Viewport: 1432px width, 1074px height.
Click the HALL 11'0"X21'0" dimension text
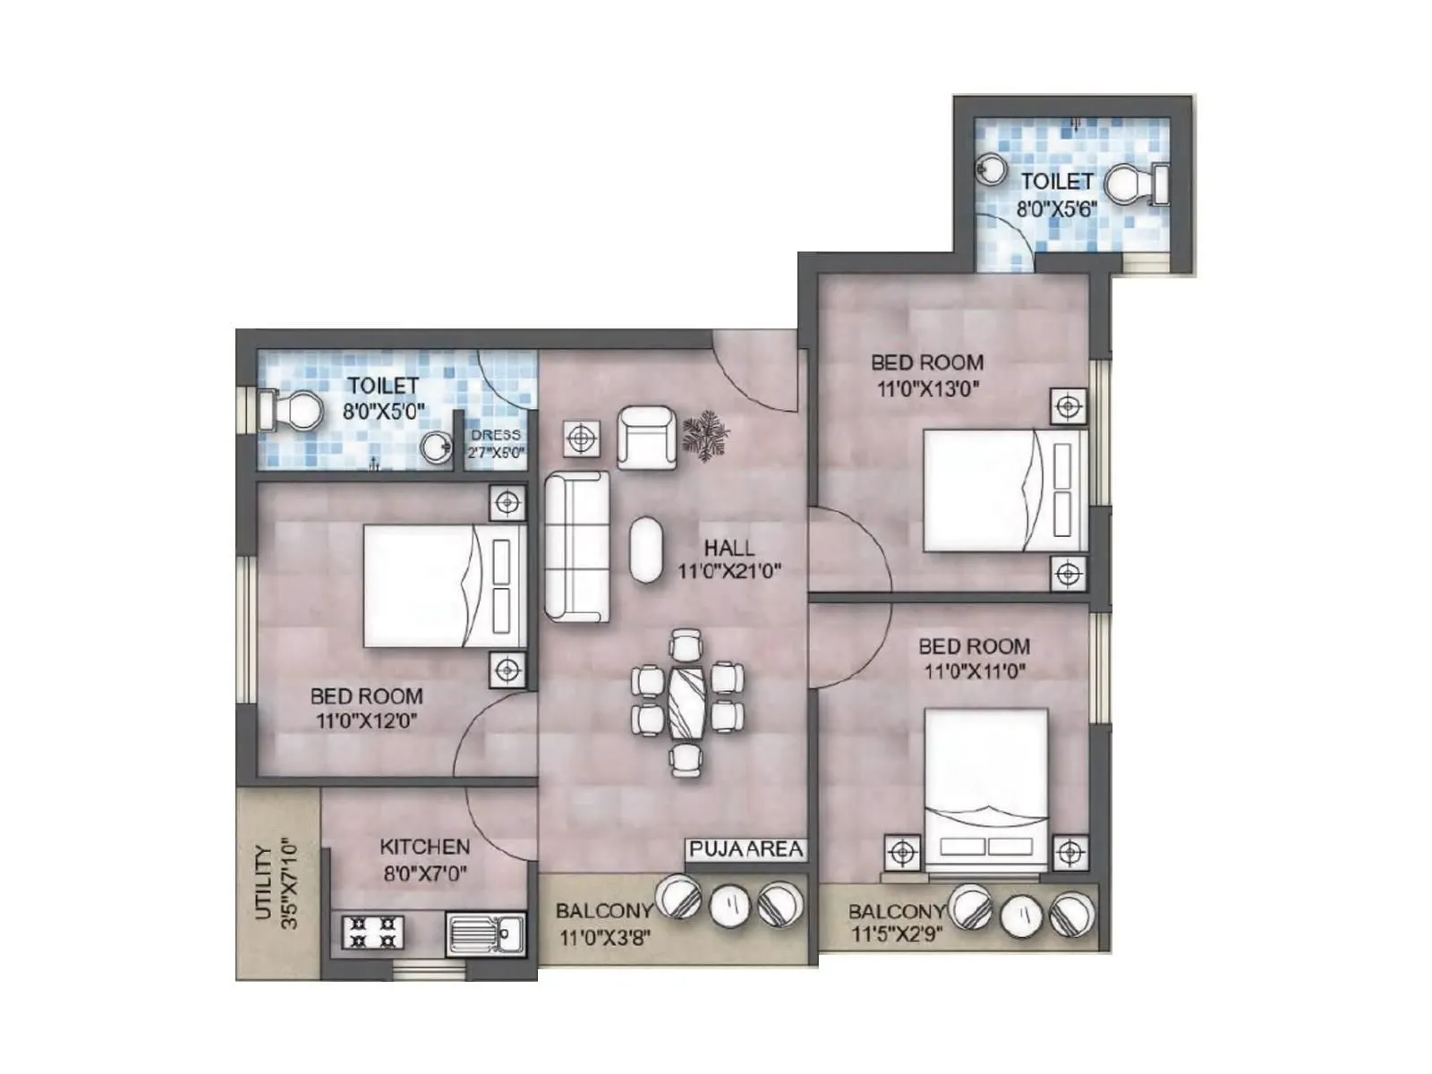[x=729, y=559]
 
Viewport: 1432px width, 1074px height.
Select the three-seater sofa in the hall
[x=577, y=547]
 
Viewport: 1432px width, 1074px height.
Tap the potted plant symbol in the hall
[x=706, y=433]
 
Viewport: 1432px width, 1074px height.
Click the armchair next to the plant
[x=646, y=437]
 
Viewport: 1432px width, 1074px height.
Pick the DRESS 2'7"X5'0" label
[x=496, y=444]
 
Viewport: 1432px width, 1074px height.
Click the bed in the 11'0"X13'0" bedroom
[x=1004, y=490]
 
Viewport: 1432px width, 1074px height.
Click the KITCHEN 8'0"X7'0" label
[x=424, y=859]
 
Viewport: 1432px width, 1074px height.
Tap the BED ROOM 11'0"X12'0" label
[x=366, y=707]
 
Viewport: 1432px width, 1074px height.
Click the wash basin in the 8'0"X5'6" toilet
[x=991, y=167]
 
